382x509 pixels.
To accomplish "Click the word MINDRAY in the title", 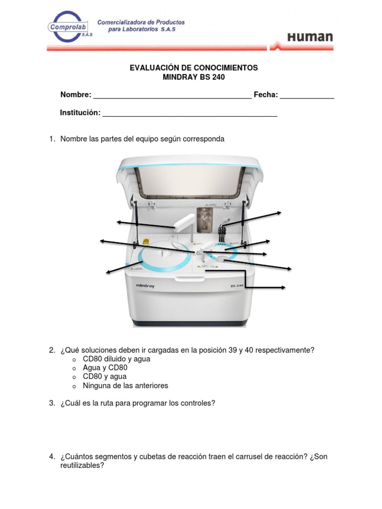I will tap(182, 77).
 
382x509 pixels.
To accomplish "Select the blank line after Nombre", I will tap(172, 97).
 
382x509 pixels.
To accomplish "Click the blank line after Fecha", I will tap(307, 97).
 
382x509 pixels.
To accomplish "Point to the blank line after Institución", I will tap(190, 115).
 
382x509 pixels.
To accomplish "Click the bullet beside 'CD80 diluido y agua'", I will tap(74, 359).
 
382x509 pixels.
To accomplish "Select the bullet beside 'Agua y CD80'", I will tap(74, 368).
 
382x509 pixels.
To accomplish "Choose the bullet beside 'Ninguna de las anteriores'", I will tap(74, 386).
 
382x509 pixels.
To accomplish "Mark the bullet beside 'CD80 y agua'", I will tap(74, 377).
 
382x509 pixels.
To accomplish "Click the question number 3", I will tap(51, 403).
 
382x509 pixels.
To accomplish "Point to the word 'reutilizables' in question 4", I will tap(82, 466).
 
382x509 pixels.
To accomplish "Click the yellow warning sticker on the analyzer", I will tap(146, 241).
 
